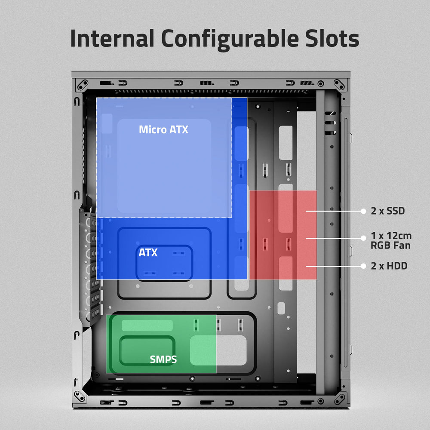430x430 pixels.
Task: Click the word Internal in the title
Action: (x=112, y=39)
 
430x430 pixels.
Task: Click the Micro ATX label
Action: (x=163, y=129)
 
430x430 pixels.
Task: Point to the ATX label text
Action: (x=148, y=252)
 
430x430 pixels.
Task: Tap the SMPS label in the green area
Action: (x=163, y=359)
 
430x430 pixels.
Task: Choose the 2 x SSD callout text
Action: (x=387, y=211)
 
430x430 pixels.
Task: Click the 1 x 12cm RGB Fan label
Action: (x=391, y=240)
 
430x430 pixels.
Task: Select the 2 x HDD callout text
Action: (x=389, y=266)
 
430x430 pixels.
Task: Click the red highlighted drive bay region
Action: (x=283, y=235)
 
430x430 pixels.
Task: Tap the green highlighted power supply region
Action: (x=161, y=344)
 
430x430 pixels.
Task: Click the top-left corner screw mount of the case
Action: (x=82, y=85)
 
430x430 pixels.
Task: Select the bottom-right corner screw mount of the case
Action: (x=340, y=397)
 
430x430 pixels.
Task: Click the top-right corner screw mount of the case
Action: (x=340, y=85)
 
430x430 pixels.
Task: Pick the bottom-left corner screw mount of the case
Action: (x=80, y=396)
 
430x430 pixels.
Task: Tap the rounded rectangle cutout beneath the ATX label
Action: (x=164, y=263)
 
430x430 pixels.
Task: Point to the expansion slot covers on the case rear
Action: (x=91, y=267)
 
